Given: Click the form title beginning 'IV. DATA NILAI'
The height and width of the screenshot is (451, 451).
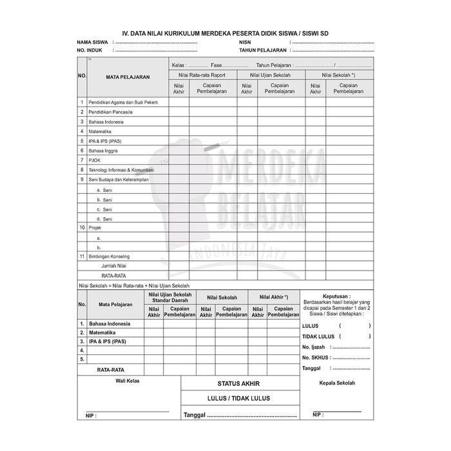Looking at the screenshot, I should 225,33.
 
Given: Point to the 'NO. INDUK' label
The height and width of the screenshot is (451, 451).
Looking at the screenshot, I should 90,50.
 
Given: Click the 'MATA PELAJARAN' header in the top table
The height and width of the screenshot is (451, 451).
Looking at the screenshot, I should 128,77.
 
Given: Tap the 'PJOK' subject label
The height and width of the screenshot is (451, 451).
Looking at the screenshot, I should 95,160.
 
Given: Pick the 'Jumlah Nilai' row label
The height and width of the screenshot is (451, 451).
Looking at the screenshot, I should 113,265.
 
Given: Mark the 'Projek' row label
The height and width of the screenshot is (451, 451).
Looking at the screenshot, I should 95,227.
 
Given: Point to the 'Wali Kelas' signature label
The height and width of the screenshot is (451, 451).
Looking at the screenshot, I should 128,381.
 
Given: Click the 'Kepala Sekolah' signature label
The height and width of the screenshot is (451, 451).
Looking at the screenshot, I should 337,383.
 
